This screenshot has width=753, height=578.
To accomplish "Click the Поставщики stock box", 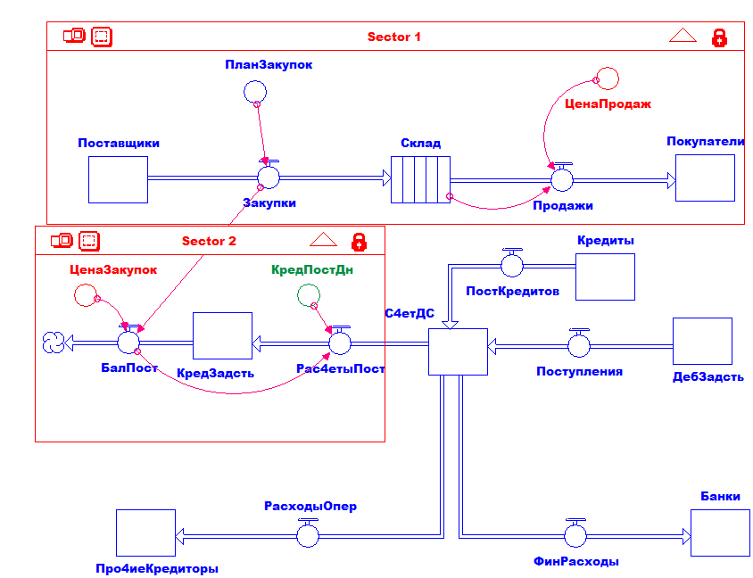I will (x=118, y=179).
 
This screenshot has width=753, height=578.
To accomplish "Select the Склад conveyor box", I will (x=420, y=179).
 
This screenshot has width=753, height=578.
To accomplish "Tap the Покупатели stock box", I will (x=705, y=178).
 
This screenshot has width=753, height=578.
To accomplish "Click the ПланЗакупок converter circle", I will (x=255, y=91).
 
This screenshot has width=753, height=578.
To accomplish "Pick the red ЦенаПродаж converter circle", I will (x=607, y=78).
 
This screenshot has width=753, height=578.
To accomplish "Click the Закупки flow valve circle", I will (x=269, y=178).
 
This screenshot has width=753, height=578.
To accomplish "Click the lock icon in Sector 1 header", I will (x=719, y=37).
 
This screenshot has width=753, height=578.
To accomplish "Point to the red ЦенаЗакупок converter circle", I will (x=86, y=294).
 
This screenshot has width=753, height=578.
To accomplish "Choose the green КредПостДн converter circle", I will (x=308, y=294).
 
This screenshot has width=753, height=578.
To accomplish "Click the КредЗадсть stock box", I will (x=222, y=340).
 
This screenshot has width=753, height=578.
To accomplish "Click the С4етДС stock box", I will (x=458, y=351).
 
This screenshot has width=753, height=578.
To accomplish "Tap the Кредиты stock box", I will (x=605, y=277).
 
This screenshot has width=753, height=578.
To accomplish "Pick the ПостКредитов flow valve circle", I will (x=512, y=266).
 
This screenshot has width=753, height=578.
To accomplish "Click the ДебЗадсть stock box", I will (x=702, y=341).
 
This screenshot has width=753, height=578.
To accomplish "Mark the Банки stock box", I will (x=720, y=533).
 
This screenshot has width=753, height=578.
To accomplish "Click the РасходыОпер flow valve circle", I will (x=309, y=535).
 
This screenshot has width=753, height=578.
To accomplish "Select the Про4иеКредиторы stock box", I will (x=145, y=533).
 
